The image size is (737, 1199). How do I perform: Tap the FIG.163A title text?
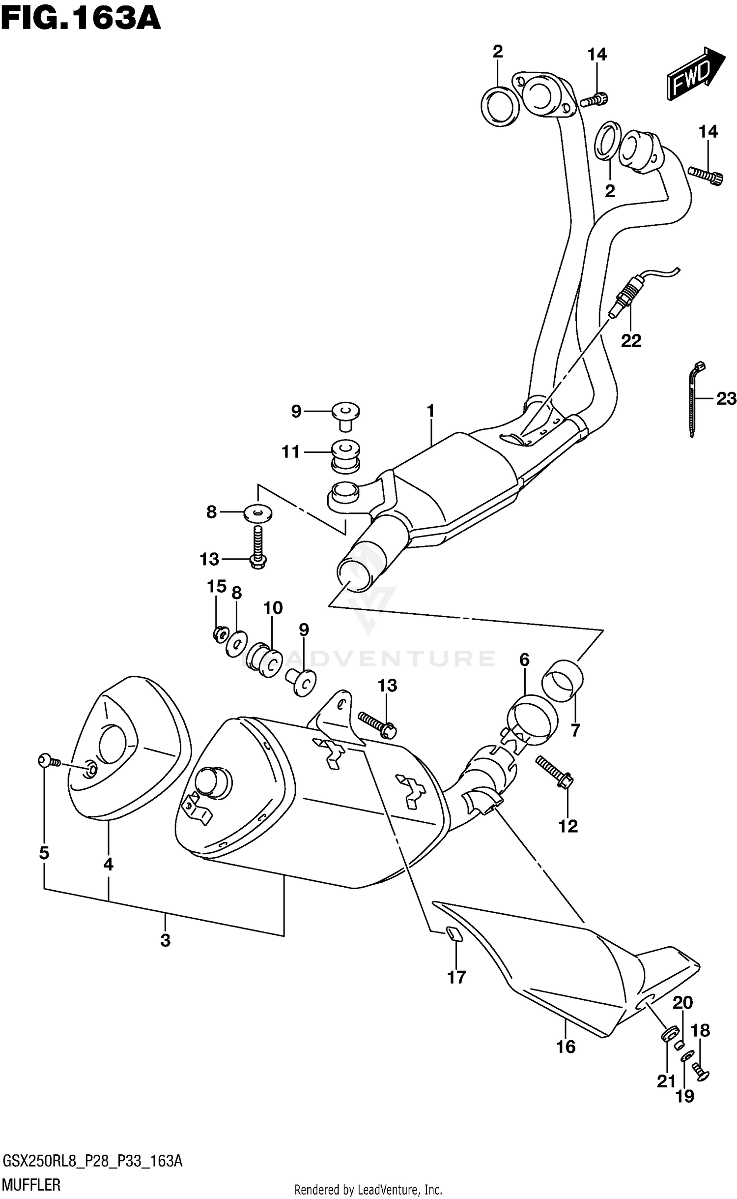[x=81, y=19]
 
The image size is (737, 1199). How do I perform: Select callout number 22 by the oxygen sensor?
[x=630, y=340]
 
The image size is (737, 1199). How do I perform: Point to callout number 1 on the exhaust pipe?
[x=430, y=411]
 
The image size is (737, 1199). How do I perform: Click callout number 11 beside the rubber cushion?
[x=290, y=451]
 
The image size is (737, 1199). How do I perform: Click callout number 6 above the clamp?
[x=524, y=660]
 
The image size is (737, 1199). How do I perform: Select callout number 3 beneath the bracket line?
[x=165, y=940]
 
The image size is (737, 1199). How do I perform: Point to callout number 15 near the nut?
[x=216, y=586]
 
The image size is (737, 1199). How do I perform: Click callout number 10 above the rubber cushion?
[x=273, y=608]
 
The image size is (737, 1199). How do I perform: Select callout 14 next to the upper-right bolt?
[x=708, y=132]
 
